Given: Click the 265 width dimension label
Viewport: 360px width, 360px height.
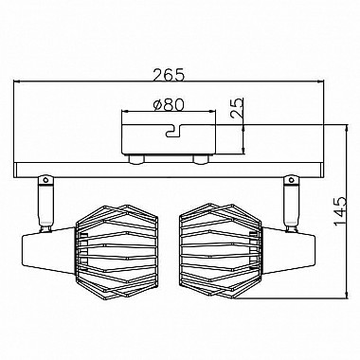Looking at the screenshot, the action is [x=168, y=75].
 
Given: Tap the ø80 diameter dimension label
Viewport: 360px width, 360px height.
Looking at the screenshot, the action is [x=168, y=105].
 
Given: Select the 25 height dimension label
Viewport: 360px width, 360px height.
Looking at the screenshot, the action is [x=238, y=108].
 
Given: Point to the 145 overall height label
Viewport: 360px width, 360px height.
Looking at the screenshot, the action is [x=340, y=211].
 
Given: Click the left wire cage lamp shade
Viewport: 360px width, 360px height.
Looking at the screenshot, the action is [x=117, y=250].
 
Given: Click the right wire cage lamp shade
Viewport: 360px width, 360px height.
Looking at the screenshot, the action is [x=221, y=250].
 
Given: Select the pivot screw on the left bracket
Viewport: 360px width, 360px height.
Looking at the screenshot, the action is [x=45, y=180].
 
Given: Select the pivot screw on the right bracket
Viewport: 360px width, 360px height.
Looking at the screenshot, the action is [x=291, y=180].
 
